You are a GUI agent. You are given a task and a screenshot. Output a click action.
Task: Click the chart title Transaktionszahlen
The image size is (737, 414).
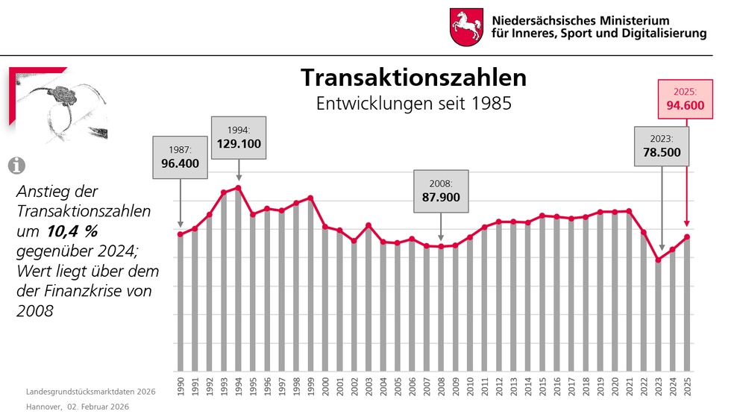[413, 78]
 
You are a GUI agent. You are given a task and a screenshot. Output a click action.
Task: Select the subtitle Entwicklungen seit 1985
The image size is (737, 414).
[413, 103]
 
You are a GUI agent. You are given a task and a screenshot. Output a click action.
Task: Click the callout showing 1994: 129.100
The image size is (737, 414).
[239, 137]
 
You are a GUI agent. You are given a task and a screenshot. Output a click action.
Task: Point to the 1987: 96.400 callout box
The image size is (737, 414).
[181, 157]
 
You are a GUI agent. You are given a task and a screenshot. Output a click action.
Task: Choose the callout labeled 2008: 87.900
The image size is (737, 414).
[440, 191]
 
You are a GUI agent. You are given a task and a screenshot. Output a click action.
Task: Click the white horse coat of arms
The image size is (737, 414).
[466, 28]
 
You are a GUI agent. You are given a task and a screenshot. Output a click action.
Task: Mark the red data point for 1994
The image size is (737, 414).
[238, 188]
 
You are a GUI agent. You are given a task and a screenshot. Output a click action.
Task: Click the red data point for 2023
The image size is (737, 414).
[658, 260]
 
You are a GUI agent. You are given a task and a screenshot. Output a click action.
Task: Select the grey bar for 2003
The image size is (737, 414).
[368, 298]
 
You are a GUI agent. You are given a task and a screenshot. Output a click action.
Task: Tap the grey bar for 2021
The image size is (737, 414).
[629, 291]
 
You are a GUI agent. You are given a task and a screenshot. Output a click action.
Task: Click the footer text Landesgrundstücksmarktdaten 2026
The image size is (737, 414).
[90, 392]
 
